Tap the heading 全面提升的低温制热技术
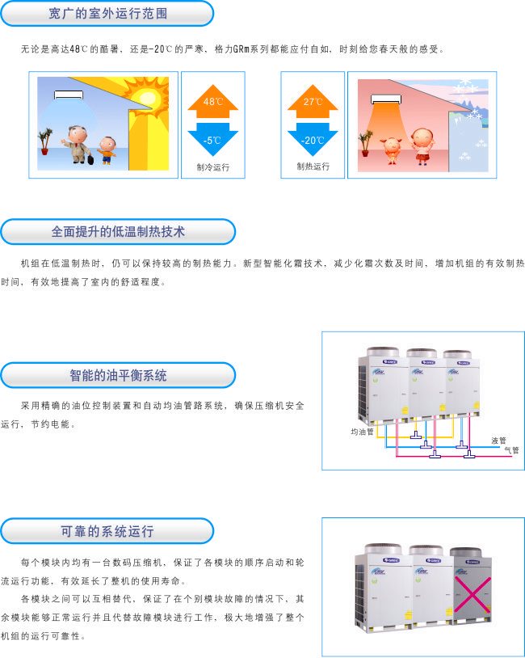(118, 231)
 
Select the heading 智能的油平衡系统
(118, 375)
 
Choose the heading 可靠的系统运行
(107, 531)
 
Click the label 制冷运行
(212, 167)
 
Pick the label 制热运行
(313, 167)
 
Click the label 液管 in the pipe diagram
(498, 441)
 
